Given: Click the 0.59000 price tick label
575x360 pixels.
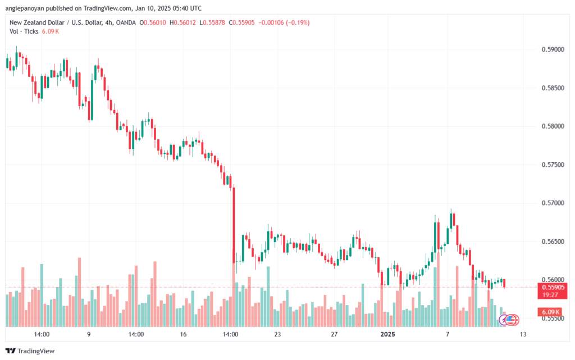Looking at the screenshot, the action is pyautogui.click(x=553, y=49).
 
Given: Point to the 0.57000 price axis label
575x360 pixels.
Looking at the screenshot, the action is pyautogui.click(x=553, y=203).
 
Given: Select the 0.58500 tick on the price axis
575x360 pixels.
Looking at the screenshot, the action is pyautogui.click(x=553, y=88).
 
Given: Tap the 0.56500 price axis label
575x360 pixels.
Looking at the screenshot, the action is pyautogui.click(x=553, y=241).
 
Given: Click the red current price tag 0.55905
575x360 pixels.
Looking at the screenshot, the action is pyautogui.click(x=553, y=288).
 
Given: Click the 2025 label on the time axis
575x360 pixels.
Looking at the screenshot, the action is pyautogui.click(x=387, y=334).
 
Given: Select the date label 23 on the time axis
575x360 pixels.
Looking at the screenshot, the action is pyautogui.click(x=277, y=334).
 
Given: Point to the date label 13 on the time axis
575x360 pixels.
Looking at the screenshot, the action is pyautogui.click(x=523, y=334).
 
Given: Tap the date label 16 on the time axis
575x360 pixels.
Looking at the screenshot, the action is pyautogui.click(x=183, y=334).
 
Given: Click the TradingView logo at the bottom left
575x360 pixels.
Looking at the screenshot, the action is pyautogui.click(x=30, y=351).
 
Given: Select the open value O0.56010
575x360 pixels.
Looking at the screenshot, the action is pyautogui.click(x=153, y=22).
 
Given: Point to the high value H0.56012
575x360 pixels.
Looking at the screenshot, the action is pyautogui.click(x=182, y=22).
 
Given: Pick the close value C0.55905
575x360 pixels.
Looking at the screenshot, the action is pyautogui.click(x=241, y=22).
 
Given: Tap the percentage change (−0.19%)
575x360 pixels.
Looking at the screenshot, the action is pyautogui.click(x=298, y=22).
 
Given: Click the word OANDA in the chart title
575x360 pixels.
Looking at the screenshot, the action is pyautogui.click(x=126, y=22).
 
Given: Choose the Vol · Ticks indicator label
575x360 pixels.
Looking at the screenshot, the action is pyautogui.click(x=24, y=31).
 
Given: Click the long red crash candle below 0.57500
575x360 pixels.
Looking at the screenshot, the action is pyautogui.click(x=234, y=225).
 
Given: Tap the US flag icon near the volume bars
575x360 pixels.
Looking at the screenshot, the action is pyautogui.click(x=510, y=320).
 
